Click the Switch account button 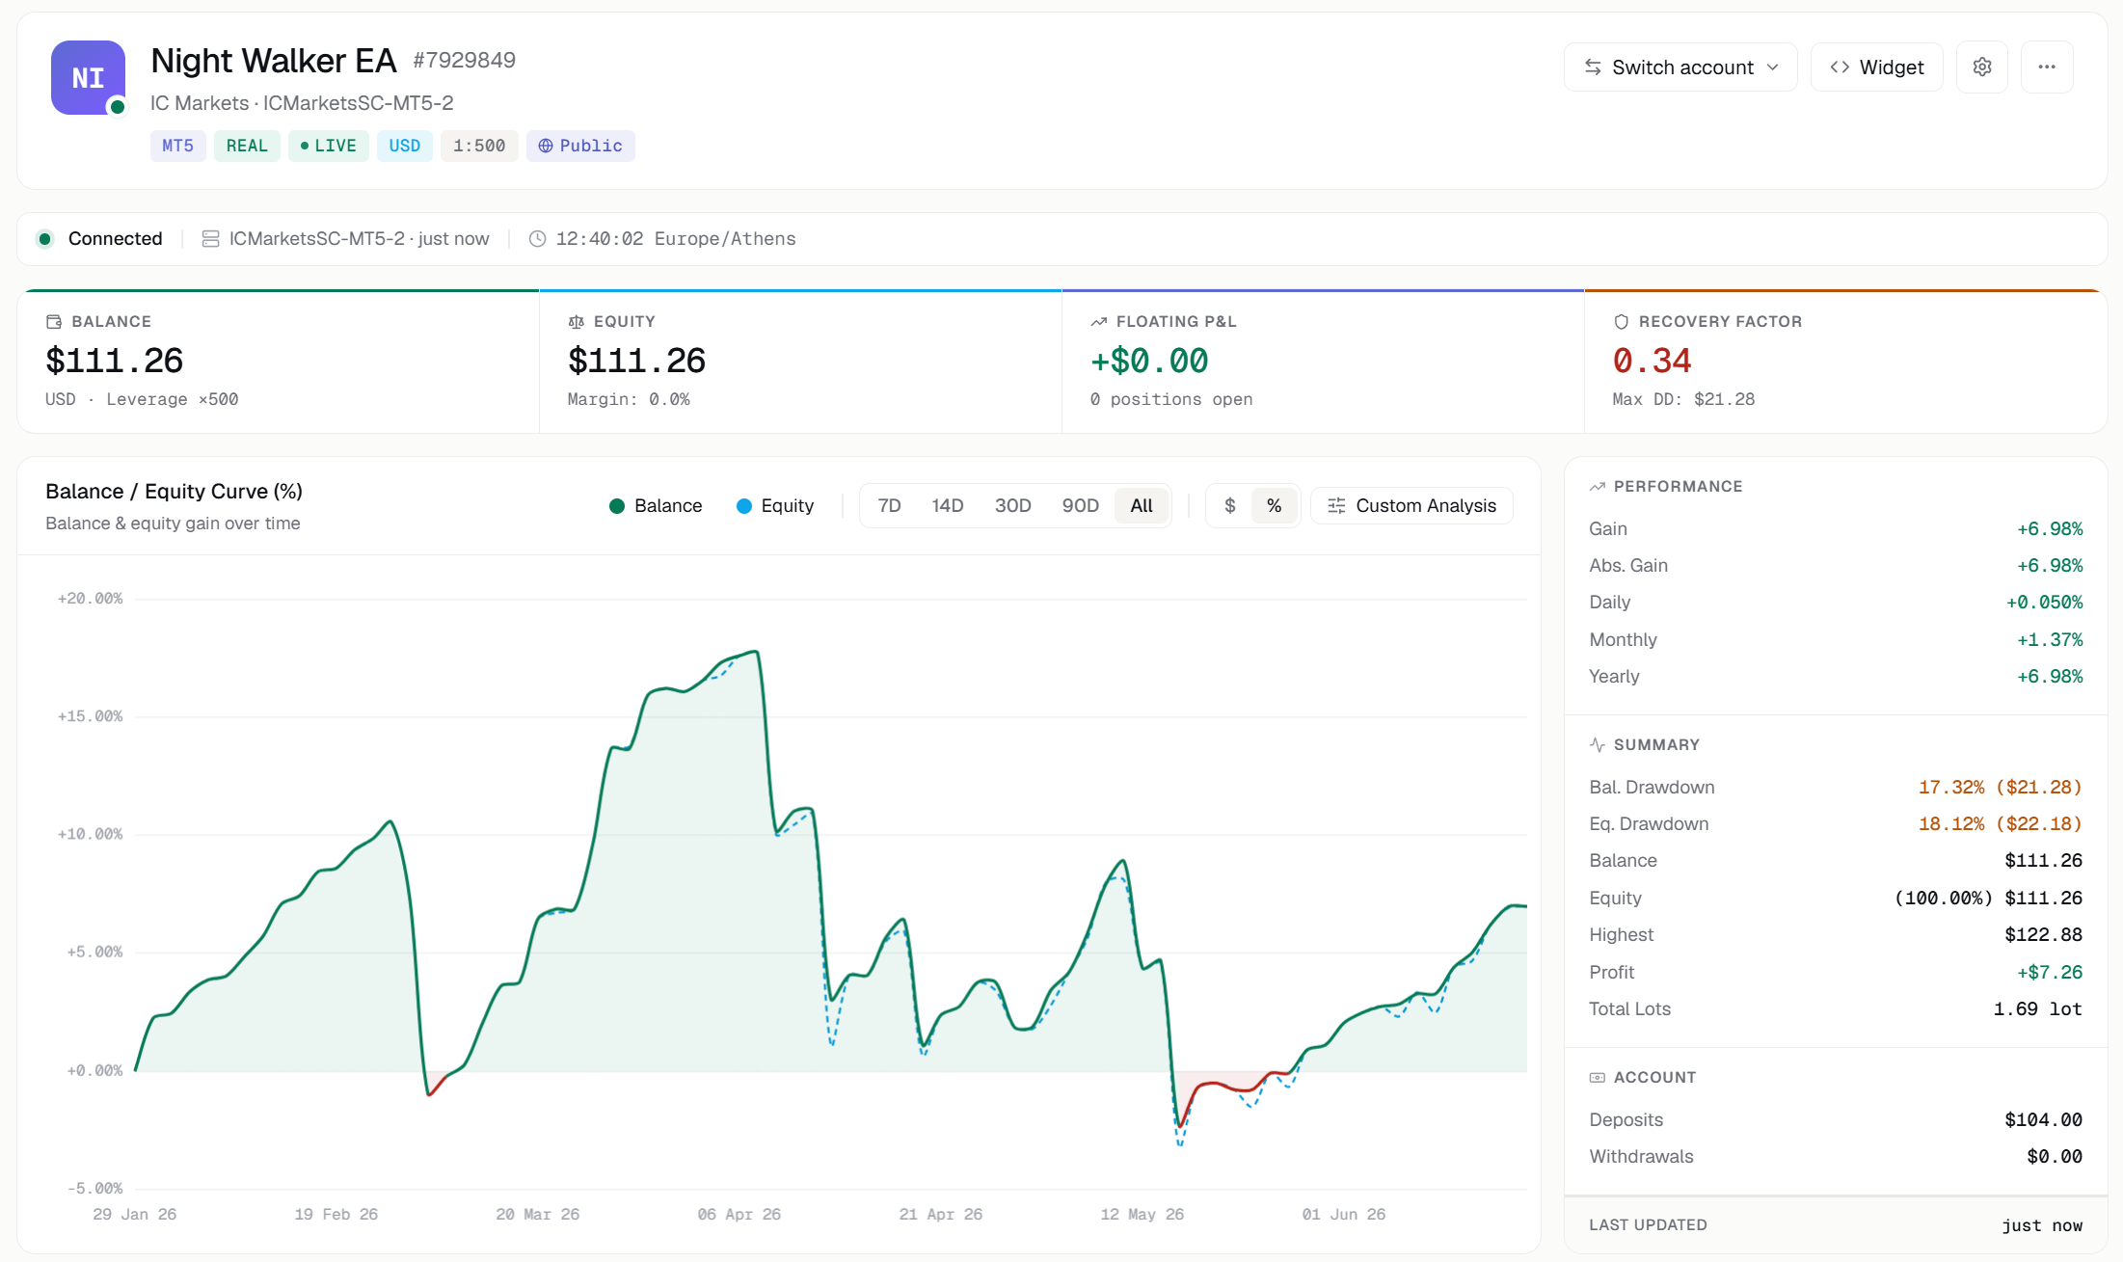pyautogui.click(x=1680, y=67)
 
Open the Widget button pyautogui.click(x=1876, y=67)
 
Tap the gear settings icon pyautogui.click(x=1981, y=67)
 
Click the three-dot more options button pyautogui.click(x=2047, y=67)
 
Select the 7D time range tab pyautogui.click(x=889, y=506)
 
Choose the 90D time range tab pyautogui.click(x=1080, y=506)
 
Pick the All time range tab pyautogui.click(x=1142, y=506)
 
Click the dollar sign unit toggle pyautogui.click(x=1229, y=506)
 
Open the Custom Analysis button pyautogui.click(x=1411, y=506)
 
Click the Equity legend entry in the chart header pyautogui.click(x=775, y=506)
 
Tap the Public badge pyautogui.click(x=580, y=146)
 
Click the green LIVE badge pyautogui.click(x=328, y=146)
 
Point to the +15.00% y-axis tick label pyautogui.click(x=91, y=716)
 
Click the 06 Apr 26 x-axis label pyautogui.click(x=739, y=1215)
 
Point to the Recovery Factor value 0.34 pyautogui.click(x=1652, y=361)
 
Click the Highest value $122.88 pyautogui.click(x=2043, y=935)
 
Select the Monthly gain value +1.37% pyautogui.click(x=2050, y=640)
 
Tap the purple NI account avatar pyautogui.click(x=88, y=77)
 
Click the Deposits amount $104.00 pyautogui.click(x=2043, y=1120)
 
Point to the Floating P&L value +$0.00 pyautogui.click(x=1149, y=361)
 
